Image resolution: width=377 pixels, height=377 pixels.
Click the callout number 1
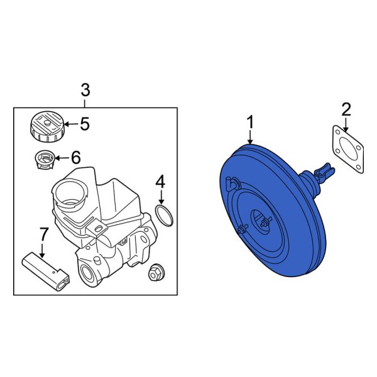[250, 121]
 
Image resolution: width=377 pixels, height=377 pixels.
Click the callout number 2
[346, 109]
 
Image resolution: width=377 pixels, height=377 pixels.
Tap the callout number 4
[160, 182]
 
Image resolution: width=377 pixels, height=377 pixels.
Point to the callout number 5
[84, 124]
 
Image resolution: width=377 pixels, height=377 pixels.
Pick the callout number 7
[43, 234]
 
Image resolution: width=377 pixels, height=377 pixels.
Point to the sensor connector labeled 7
[46, 270]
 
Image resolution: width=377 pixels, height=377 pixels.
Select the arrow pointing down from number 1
[250, 136]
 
